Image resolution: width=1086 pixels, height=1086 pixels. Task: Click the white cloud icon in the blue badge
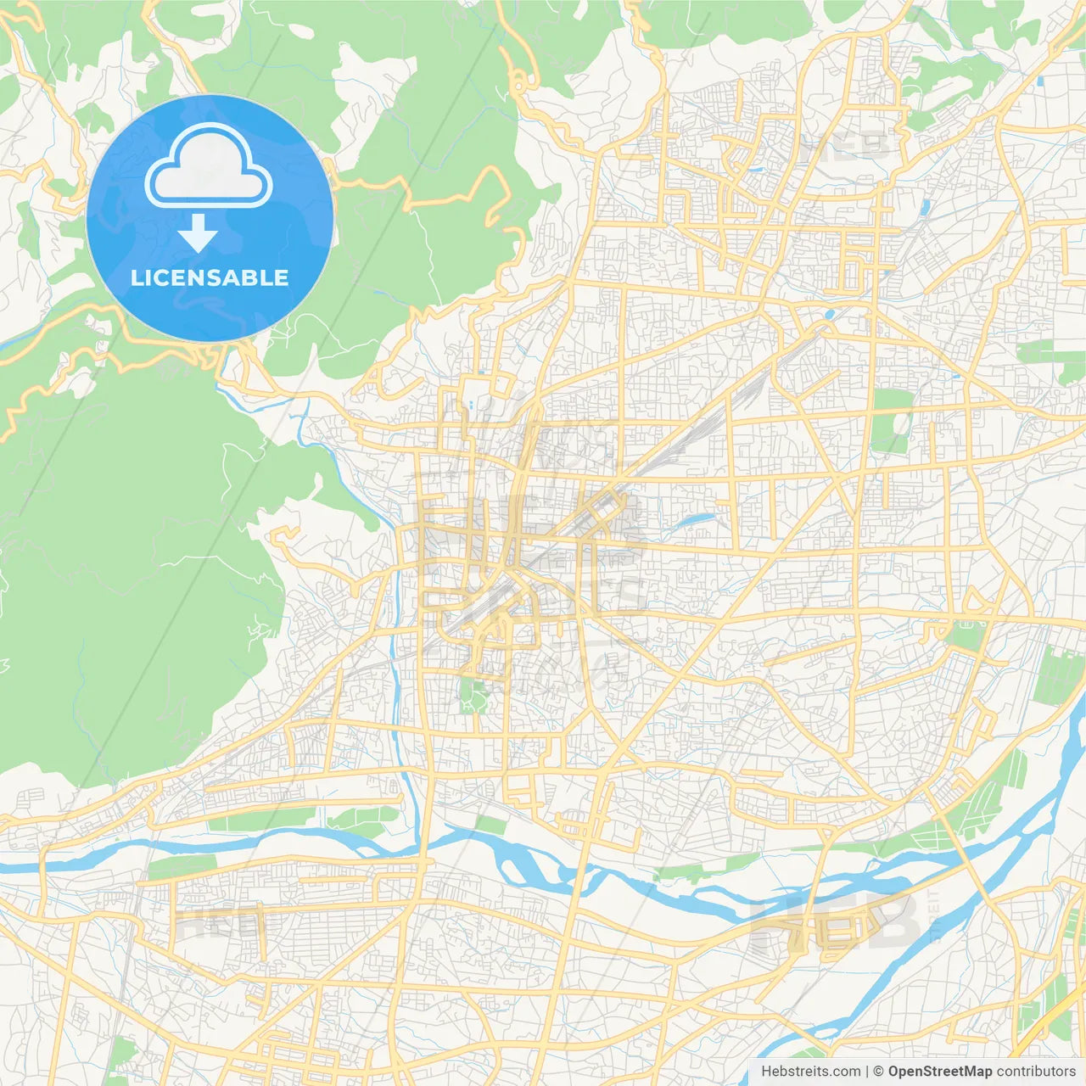pos(209,166)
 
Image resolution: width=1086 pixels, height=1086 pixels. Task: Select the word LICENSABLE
pos(210,278)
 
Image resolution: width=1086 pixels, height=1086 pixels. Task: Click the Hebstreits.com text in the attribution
pos(810,1072)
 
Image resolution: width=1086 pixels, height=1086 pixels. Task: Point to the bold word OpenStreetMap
pos(939,1072)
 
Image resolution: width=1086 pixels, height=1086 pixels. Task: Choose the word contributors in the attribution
pos(1036,1072)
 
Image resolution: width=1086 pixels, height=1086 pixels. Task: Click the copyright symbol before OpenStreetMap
pos(879,1072)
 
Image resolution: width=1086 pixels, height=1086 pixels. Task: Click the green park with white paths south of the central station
pos(471,695)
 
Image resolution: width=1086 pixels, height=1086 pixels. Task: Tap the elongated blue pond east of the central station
pos(694,519)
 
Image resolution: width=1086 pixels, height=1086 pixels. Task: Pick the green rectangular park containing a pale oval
pos(890,421)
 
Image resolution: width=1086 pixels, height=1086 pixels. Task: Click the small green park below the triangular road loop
pos(966,635)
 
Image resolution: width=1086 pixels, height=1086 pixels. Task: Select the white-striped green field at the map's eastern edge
pos(1060,675)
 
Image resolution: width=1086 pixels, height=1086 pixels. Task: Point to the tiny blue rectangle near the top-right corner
pos(1040,81)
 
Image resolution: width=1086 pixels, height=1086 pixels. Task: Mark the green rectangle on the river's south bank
pos(182,868)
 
